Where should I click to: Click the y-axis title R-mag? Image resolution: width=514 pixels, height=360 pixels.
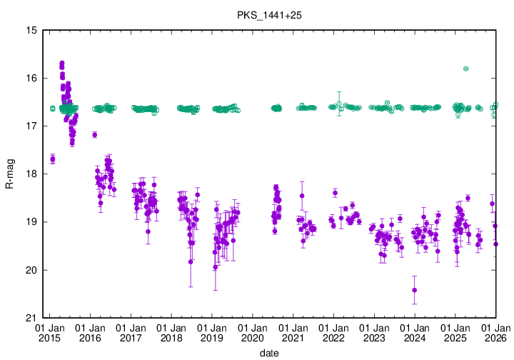[9, 174]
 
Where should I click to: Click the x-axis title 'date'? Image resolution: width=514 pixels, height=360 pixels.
[268, 353]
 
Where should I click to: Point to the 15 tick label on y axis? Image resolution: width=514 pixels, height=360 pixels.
[31, 30]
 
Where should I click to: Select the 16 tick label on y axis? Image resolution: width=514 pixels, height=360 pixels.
[31, 78]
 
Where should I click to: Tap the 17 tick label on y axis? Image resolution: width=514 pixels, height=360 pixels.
[31, 126]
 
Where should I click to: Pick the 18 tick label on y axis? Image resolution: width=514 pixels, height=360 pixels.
[31, 174]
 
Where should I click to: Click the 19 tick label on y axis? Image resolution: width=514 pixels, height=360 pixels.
[31, 222]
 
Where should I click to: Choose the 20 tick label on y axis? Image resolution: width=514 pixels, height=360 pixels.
[31, 270]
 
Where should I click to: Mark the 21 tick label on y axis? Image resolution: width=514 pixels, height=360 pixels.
[31, 318]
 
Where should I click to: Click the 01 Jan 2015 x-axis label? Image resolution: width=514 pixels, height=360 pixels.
[50, 332]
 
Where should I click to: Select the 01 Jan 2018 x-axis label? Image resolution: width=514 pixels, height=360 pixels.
[171, 332]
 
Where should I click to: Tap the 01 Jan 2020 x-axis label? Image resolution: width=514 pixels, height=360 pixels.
[253, 332]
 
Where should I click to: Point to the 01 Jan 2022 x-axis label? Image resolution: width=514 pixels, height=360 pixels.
[333, 332]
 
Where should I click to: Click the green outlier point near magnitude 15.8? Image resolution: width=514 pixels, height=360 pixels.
[465, 69]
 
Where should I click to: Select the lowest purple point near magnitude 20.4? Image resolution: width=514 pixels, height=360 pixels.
[414, 290]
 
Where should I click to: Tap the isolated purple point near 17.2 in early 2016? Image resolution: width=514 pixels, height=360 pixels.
[94, 134]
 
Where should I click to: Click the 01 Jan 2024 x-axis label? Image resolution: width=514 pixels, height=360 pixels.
[415, 332]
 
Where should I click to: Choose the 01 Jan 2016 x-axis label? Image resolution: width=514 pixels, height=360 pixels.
[91, 332]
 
